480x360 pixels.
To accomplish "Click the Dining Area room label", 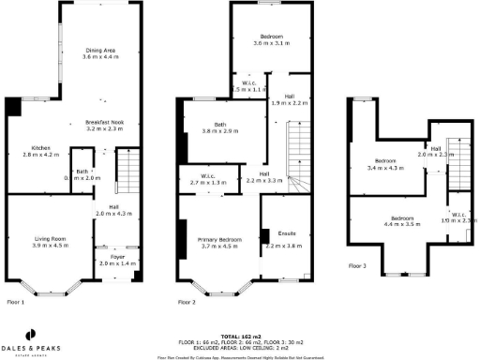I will click(100, 54).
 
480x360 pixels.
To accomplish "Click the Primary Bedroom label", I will click(221, 242).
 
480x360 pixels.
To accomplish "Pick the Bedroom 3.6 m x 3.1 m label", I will click(271, 39).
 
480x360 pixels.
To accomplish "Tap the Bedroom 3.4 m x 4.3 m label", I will click(385, 163).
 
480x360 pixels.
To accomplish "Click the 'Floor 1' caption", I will click(17, 302).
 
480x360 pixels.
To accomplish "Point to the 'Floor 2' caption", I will click(187, 302).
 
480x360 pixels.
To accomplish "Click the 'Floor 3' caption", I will click(357, 265).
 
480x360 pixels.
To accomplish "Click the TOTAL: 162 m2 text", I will click(240, 335).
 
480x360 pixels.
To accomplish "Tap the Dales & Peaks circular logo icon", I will click(31, 333).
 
